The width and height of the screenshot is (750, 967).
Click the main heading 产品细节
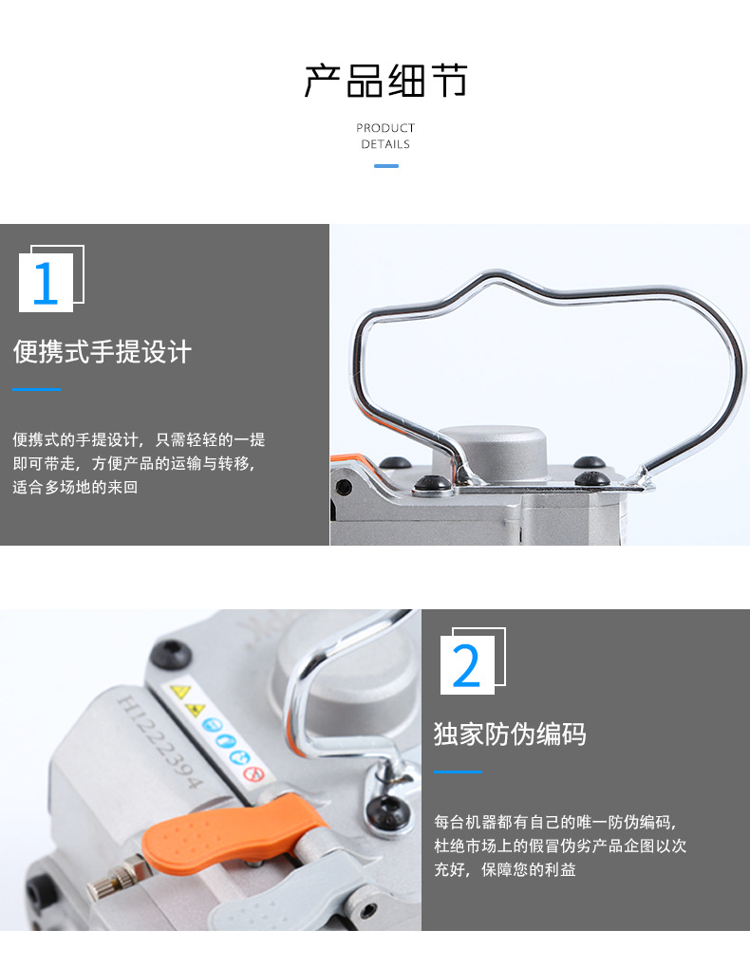[385, 82]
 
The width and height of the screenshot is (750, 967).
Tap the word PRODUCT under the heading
[385, 128]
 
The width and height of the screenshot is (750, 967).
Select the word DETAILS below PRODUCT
[385, 144]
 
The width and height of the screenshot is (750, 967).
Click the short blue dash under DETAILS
[385, 166]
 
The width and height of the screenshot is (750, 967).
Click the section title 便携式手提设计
[103, 352]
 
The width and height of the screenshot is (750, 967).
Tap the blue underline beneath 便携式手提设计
[36, 389]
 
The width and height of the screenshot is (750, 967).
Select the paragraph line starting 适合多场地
[75, 488]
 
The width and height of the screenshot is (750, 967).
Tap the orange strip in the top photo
[348, 462]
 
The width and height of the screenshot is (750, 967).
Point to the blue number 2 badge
[467, 665]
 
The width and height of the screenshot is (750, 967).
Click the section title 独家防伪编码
[510, 734]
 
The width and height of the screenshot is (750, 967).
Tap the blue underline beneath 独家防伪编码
[458, 772]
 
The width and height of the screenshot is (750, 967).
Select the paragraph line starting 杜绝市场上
[560, 846]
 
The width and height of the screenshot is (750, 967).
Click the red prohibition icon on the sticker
[253, 773]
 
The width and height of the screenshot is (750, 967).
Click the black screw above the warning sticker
[170, 653]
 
